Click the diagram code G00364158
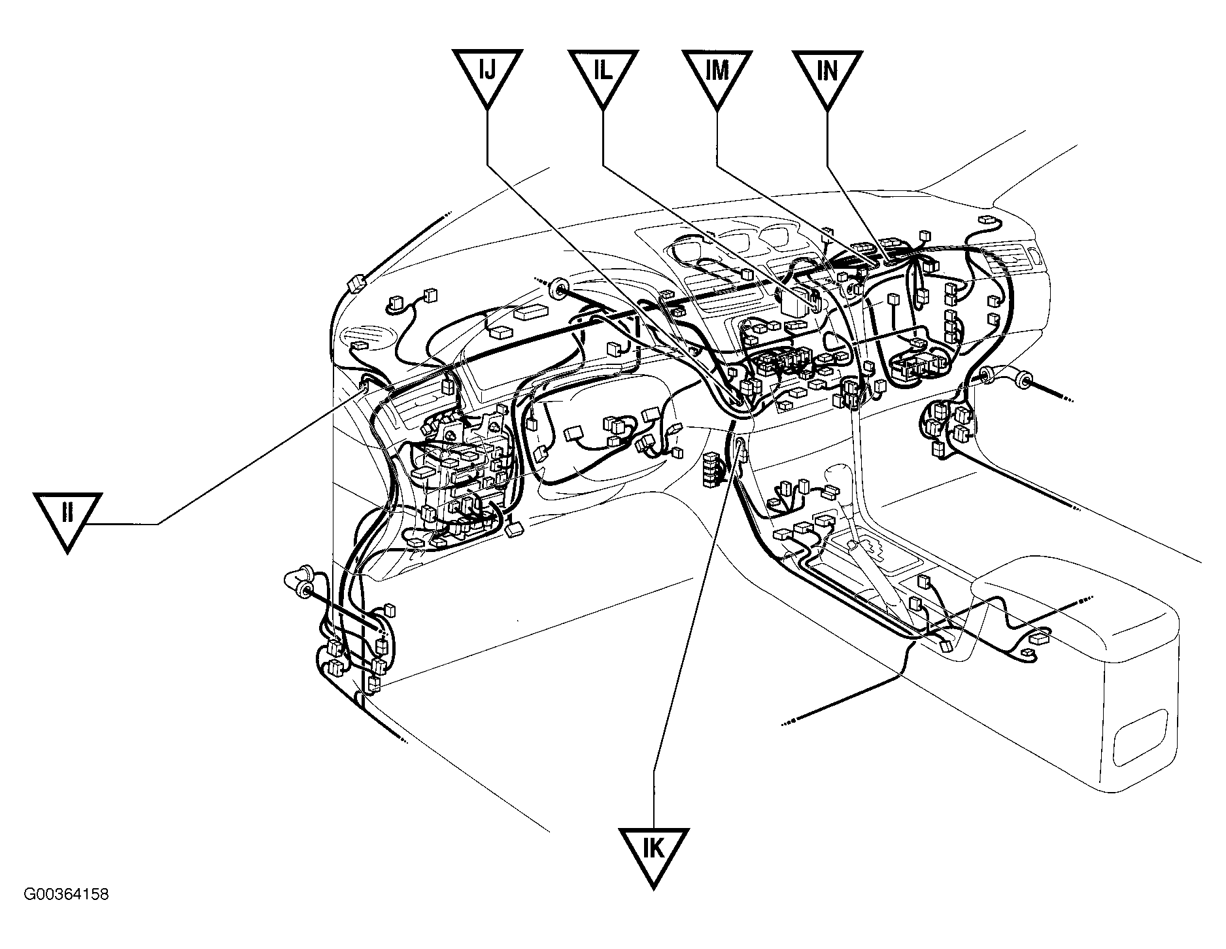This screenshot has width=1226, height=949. pos(66,894)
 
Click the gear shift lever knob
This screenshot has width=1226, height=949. pos(838,475)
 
